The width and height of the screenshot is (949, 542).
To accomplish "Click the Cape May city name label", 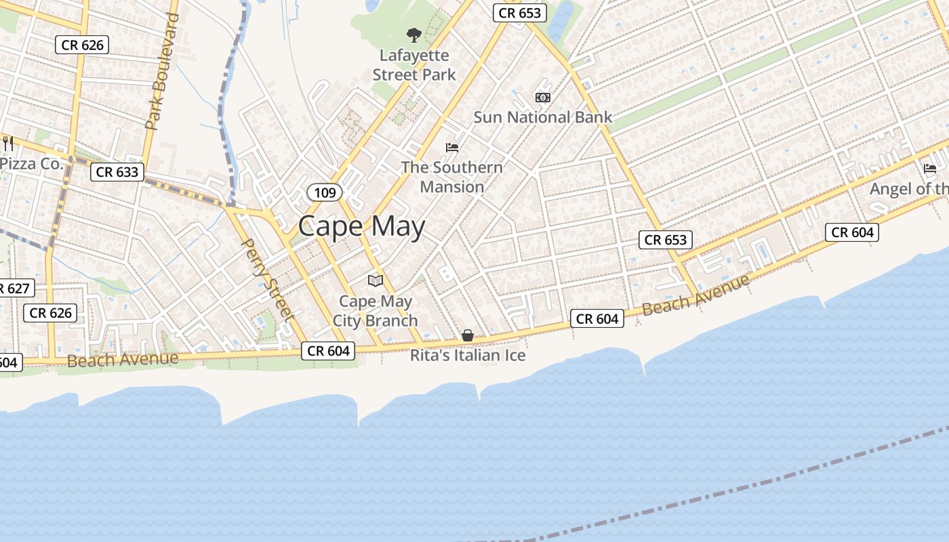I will (x=361, y=226).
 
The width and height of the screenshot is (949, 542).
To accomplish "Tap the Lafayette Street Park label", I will (x=414, y=65).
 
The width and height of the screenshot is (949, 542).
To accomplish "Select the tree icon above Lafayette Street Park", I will (x=413, y=35).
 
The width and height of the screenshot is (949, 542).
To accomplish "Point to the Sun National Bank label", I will (x=542, y=117).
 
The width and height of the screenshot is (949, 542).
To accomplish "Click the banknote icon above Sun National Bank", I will (x=543, y=98).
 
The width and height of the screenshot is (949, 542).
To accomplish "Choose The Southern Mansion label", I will (x=452, y=177).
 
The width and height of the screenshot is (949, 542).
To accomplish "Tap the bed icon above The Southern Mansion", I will (x=452, y=147).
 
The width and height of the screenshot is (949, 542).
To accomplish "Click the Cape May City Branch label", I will (x=375, y=310).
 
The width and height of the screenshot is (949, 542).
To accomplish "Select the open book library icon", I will (x=375, y=280).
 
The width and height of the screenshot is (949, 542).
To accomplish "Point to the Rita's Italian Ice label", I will (x=468, y=355).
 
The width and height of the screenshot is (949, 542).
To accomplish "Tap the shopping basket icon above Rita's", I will (x=468, y=335).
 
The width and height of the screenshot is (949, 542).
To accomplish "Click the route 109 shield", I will (x=325, y=192).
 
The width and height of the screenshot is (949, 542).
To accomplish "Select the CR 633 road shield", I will (x=117, y=172).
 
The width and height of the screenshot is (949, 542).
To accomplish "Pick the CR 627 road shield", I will (x=15, y=289).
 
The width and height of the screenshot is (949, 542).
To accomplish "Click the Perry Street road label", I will (x=268, y=278).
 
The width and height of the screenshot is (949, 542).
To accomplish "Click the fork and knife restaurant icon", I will (x=9, y=144).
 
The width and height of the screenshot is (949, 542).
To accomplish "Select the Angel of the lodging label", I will (x=909, y=189).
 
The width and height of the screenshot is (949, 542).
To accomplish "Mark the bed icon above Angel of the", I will (x=930, y=169).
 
